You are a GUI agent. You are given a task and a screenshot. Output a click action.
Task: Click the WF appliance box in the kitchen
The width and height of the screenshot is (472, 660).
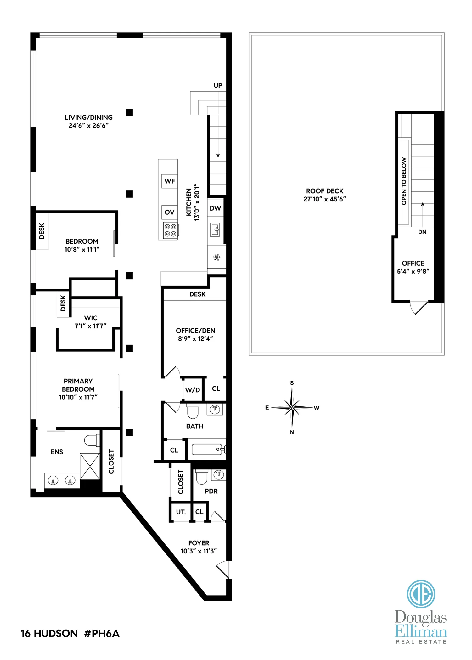169,181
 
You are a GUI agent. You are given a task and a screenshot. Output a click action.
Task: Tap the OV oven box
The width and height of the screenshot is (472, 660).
169,212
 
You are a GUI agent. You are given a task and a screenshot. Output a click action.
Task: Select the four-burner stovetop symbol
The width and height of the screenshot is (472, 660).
170,230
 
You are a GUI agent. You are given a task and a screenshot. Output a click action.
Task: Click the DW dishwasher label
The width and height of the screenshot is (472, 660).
215,208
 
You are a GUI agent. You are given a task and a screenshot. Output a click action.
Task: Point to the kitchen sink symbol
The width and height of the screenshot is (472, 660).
215,230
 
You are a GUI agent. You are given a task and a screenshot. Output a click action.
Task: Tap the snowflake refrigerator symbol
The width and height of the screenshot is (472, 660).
216,257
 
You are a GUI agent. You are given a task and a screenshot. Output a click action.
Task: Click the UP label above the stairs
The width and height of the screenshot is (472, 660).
218,85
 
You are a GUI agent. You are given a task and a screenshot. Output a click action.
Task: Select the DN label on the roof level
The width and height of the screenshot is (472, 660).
422,232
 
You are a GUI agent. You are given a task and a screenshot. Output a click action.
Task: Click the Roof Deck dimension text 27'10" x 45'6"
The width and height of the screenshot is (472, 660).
324,199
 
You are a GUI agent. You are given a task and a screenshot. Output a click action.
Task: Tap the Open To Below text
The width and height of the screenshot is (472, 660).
404,181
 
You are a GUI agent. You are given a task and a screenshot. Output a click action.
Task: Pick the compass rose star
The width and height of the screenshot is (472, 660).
292,408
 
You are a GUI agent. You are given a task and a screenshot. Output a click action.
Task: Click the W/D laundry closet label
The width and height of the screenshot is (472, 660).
192,390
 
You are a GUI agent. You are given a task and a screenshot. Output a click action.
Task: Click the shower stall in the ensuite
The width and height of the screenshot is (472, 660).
90,466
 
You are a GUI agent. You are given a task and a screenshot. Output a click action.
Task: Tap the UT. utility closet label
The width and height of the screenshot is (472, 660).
181,512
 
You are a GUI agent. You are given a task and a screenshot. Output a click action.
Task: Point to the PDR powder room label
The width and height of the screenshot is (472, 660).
211,491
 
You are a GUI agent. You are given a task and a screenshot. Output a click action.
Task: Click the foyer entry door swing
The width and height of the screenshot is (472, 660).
223,569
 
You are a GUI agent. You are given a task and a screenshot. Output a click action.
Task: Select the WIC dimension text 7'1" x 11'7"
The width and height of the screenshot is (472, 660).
90,326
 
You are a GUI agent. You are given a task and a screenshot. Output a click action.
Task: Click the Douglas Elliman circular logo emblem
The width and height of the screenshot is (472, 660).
421,594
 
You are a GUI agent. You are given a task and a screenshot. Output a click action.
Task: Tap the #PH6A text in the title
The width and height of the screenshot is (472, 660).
102,633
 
